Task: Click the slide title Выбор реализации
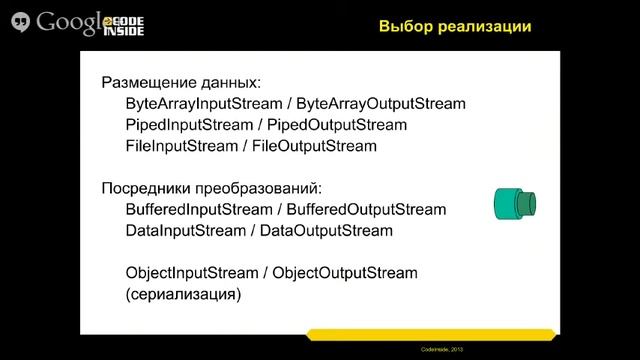[453, 26]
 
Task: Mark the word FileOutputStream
[314, 146]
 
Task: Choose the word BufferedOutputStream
[367, 210]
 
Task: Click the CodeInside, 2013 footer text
[585, 350]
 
